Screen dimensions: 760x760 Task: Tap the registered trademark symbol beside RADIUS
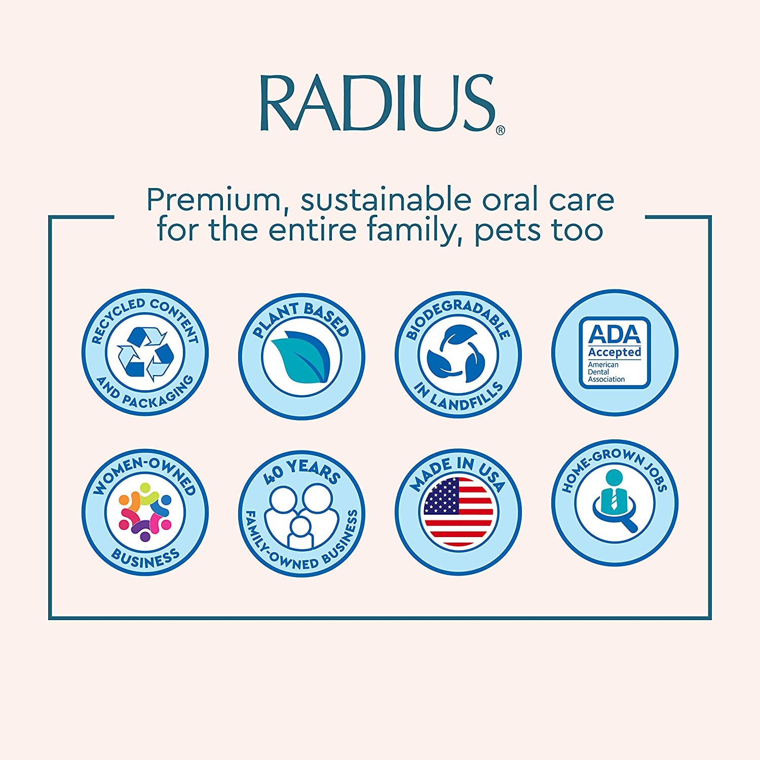tap(500, 131)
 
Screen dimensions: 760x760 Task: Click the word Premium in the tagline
tap(213, 201)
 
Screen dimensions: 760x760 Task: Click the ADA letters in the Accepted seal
tap(614, 334)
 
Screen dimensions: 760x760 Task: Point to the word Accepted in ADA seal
tap(614, 352)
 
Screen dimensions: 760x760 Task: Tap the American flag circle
tap(458, 512)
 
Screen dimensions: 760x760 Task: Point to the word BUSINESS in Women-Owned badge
tap(145, 557)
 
